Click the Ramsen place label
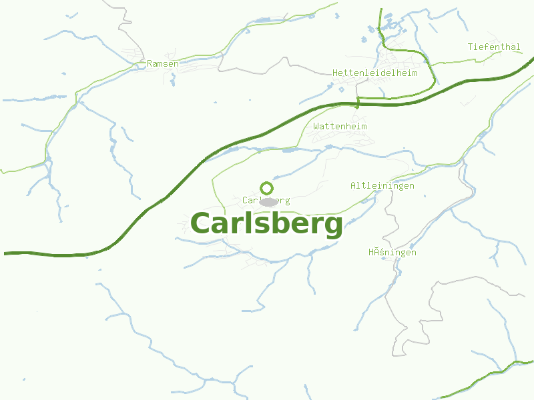pos(163,63)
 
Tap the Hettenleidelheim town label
pos(374,73)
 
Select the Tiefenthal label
pos(494,47)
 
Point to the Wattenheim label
pos(340,126)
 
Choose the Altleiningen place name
pos(382,185)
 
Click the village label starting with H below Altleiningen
pos(392,252)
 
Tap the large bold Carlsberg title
pos(266,223)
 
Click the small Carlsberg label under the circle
pos(266,200)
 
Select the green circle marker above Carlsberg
pos(266,188)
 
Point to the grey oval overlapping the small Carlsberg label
pos(269,202)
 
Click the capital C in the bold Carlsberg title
pos(203,223)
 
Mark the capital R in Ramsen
pos(150,63)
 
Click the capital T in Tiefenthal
pos(471,47)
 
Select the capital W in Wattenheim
pos(316,126)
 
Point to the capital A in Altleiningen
pos(353,185)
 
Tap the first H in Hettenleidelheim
pos(335,73)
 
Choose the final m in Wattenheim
pos(364,126)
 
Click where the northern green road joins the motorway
pos(358,103)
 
